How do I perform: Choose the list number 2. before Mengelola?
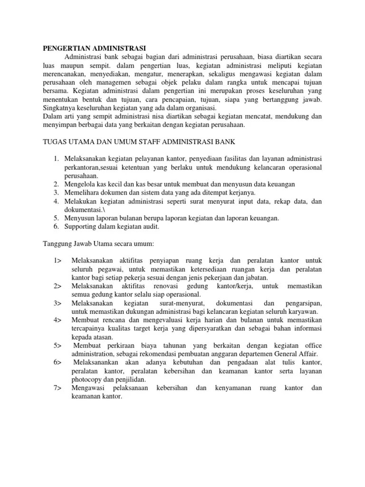tap(56, 184)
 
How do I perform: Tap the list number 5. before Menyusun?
tap(56, 218)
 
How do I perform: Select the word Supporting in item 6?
tap(80, 227)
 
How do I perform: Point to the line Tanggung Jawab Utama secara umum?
tap(96, 244)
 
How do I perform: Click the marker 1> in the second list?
tap(58, 261)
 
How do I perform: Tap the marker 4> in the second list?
tap(58, 320)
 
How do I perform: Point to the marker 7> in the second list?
tap(58, 388)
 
